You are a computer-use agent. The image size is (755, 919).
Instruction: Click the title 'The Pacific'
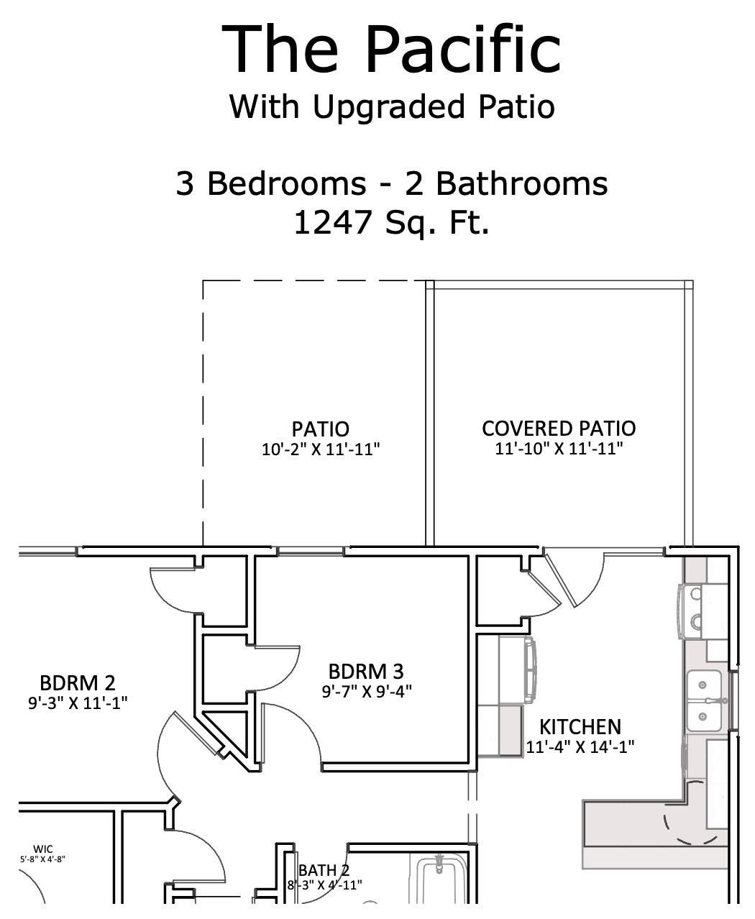click(391, 49)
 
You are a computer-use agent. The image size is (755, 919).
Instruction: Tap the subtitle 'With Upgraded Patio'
click(392, 107)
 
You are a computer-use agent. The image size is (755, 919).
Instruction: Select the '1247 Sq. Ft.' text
click(392, 223)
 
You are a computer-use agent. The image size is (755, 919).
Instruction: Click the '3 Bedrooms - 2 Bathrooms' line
click(392, 183)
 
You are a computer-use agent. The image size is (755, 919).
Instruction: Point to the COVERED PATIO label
click(559, 429)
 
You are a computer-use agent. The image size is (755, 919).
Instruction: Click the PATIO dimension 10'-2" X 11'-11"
click(320, 450)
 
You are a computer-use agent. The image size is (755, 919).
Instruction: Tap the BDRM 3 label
click(366, 672)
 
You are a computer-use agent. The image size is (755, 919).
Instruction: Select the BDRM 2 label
click(77, 682)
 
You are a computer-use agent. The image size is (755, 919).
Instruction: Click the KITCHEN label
click(580, 726)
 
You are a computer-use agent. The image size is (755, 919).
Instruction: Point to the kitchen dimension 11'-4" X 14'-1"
click(580, 746)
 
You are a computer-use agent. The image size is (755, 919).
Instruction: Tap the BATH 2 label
click(324, 871)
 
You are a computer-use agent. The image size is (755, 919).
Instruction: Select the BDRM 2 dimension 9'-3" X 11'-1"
click(78, 703)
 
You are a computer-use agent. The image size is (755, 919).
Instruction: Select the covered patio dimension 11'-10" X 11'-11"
click(559, 449)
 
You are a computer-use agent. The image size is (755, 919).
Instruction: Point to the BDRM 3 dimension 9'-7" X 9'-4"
click(366, 692)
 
